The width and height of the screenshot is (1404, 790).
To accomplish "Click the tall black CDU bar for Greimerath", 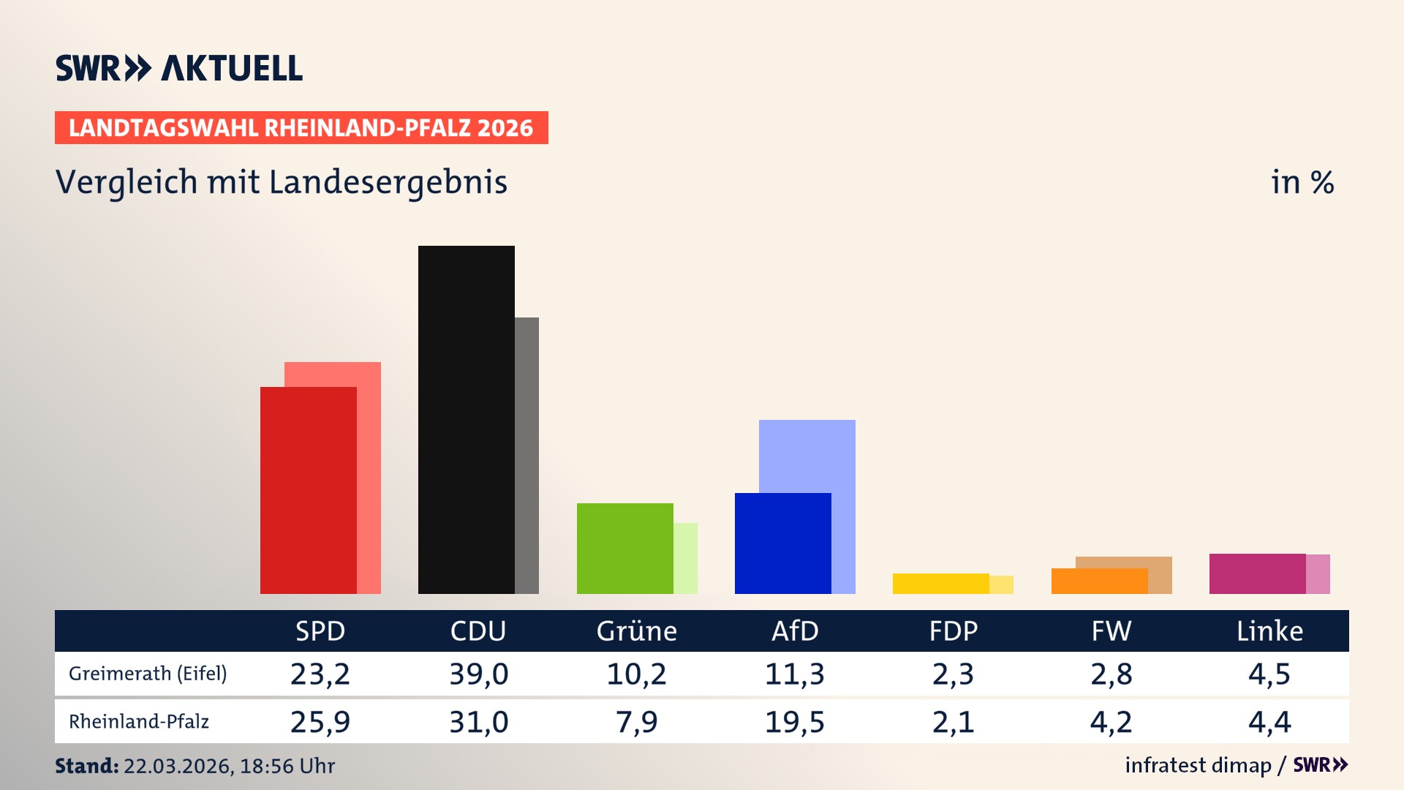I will pyautogui.click(x=466, y=419).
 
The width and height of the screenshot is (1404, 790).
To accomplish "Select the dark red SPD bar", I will pyautogui.click(x=308, y=490).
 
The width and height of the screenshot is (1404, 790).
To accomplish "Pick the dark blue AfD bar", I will pyautogui.click(x=782, y=543).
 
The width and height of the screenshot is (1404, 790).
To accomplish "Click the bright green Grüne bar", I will pyautogui.click(x=624, y=548).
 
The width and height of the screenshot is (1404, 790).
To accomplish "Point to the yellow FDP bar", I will pyautogui.click(x=940, y=583).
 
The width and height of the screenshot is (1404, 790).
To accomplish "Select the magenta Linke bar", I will pyautogui.click(x=1257, y=573).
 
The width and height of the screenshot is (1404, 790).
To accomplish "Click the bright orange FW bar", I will pyautogui.click(x=1099, y=581).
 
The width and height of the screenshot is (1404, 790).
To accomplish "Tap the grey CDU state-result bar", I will pyautogui.click(x=526, y=454).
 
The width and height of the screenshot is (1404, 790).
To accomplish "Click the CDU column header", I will pyautogui.click(x=478, y=631).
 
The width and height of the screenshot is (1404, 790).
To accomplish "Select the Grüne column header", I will pyautogui.click(x=636, y=631).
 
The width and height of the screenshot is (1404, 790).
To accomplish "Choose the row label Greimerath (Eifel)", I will pyautogui.click(x=148, y=673).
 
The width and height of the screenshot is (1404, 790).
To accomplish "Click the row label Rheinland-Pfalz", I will pyautogui.click(x=139, y=721).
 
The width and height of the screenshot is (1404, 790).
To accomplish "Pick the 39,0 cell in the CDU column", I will pyautogui.click(x=478, y=674).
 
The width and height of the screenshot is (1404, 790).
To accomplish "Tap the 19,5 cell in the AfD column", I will pyautogui.click(x=794, y=722).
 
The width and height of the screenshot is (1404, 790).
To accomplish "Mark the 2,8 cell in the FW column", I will pyautogui.click(x=1111, y=674).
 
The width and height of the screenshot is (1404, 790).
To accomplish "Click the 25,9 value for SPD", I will pyautogui.click(x=320, y=722).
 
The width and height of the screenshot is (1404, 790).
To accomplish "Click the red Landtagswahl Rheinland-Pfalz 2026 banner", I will pyautogui.click(x=301, y=127).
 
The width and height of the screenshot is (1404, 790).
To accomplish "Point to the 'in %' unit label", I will pyautogui.click(x=1302, y=182).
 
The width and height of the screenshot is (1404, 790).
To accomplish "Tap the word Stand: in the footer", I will pyautogui.click(x=86, y=766).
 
